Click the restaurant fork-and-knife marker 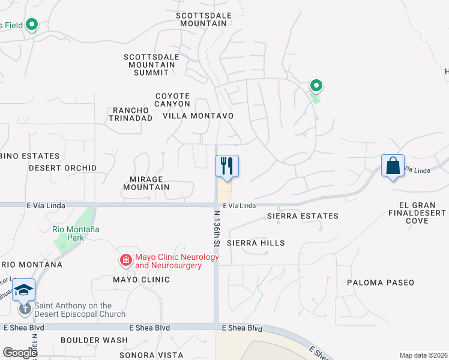227,165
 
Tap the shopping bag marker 393,166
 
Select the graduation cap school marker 23,290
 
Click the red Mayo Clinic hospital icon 125,260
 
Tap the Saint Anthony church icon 25,309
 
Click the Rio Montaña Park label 76,233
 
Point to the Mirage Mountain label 146,183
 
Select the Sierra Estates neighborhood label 303,216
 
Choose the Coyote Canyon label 172,100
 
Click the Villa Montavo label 197,115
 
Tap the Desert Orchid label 62,168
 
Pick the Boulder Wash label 94,340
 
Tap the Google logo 20,353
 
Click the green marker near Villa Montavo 316,86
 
